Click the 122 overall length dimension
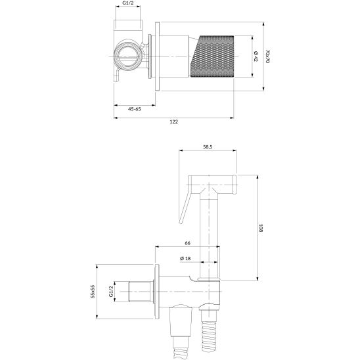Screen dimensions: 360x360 point(173,122)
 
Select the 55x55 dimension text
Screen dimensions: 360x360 point(93,290)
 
